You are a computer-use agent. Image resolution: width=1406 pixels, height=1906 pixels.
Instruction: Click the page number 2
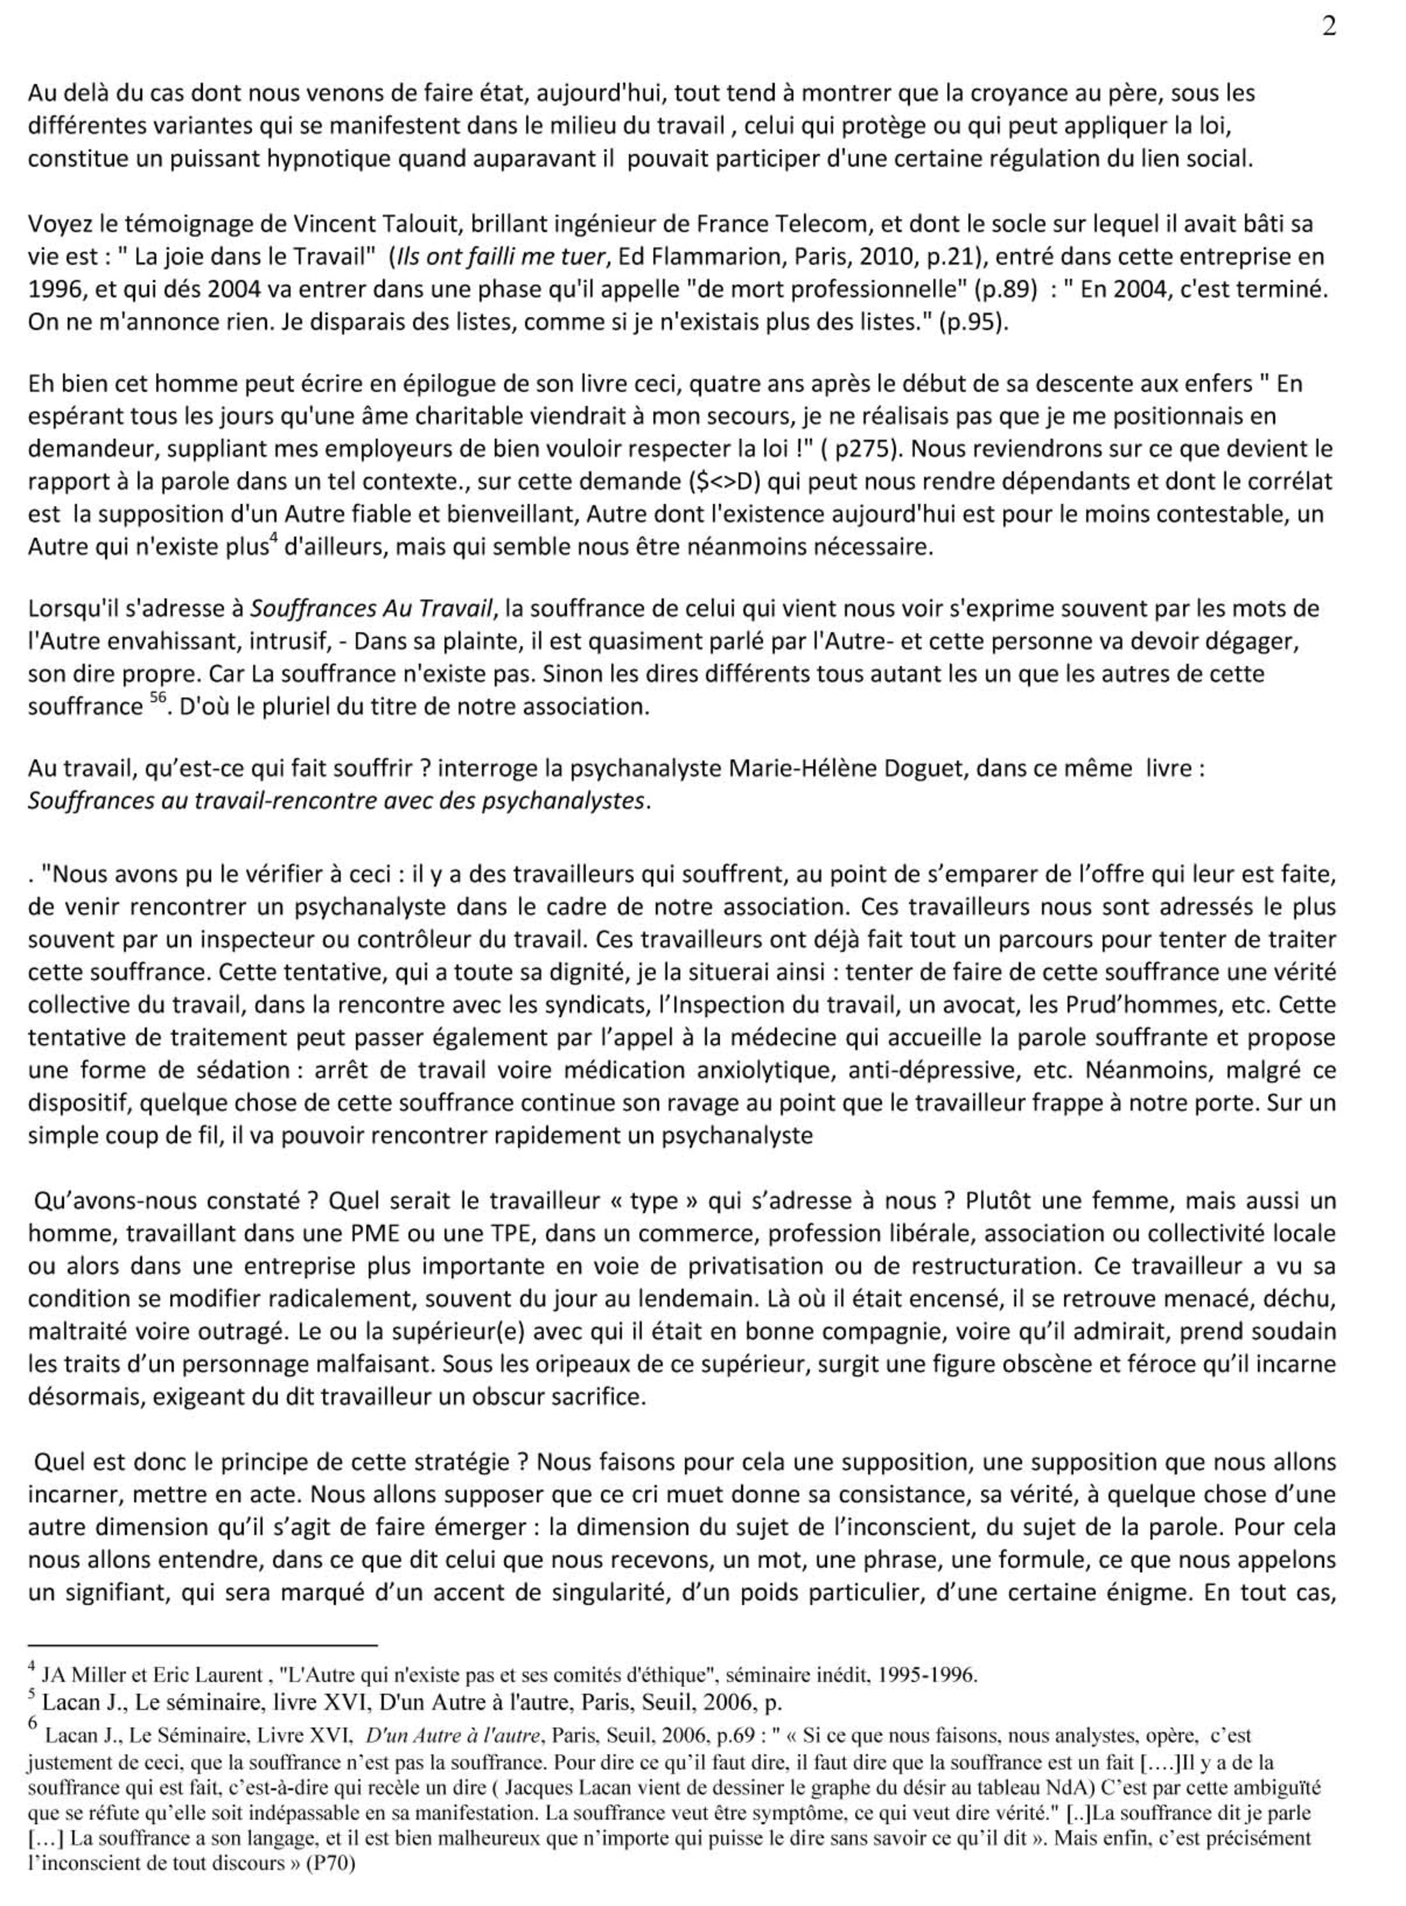click(x=1329, y=28)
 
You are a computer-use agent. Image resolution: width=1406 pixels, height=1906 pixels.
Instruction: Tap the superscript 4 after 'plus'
click(x=273, y=539)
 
